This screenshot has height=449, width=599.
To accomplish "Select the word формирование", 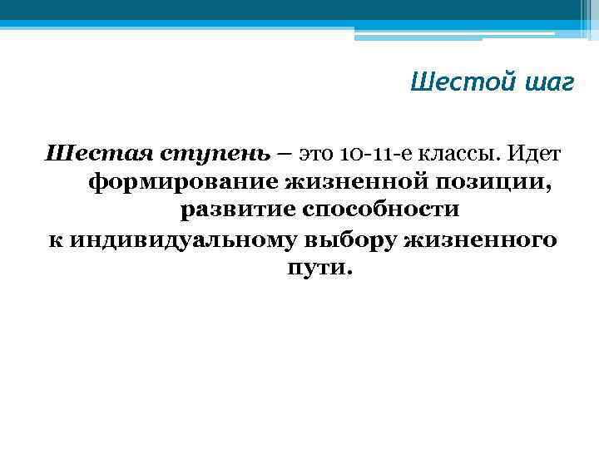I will [x=182, y=183].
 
